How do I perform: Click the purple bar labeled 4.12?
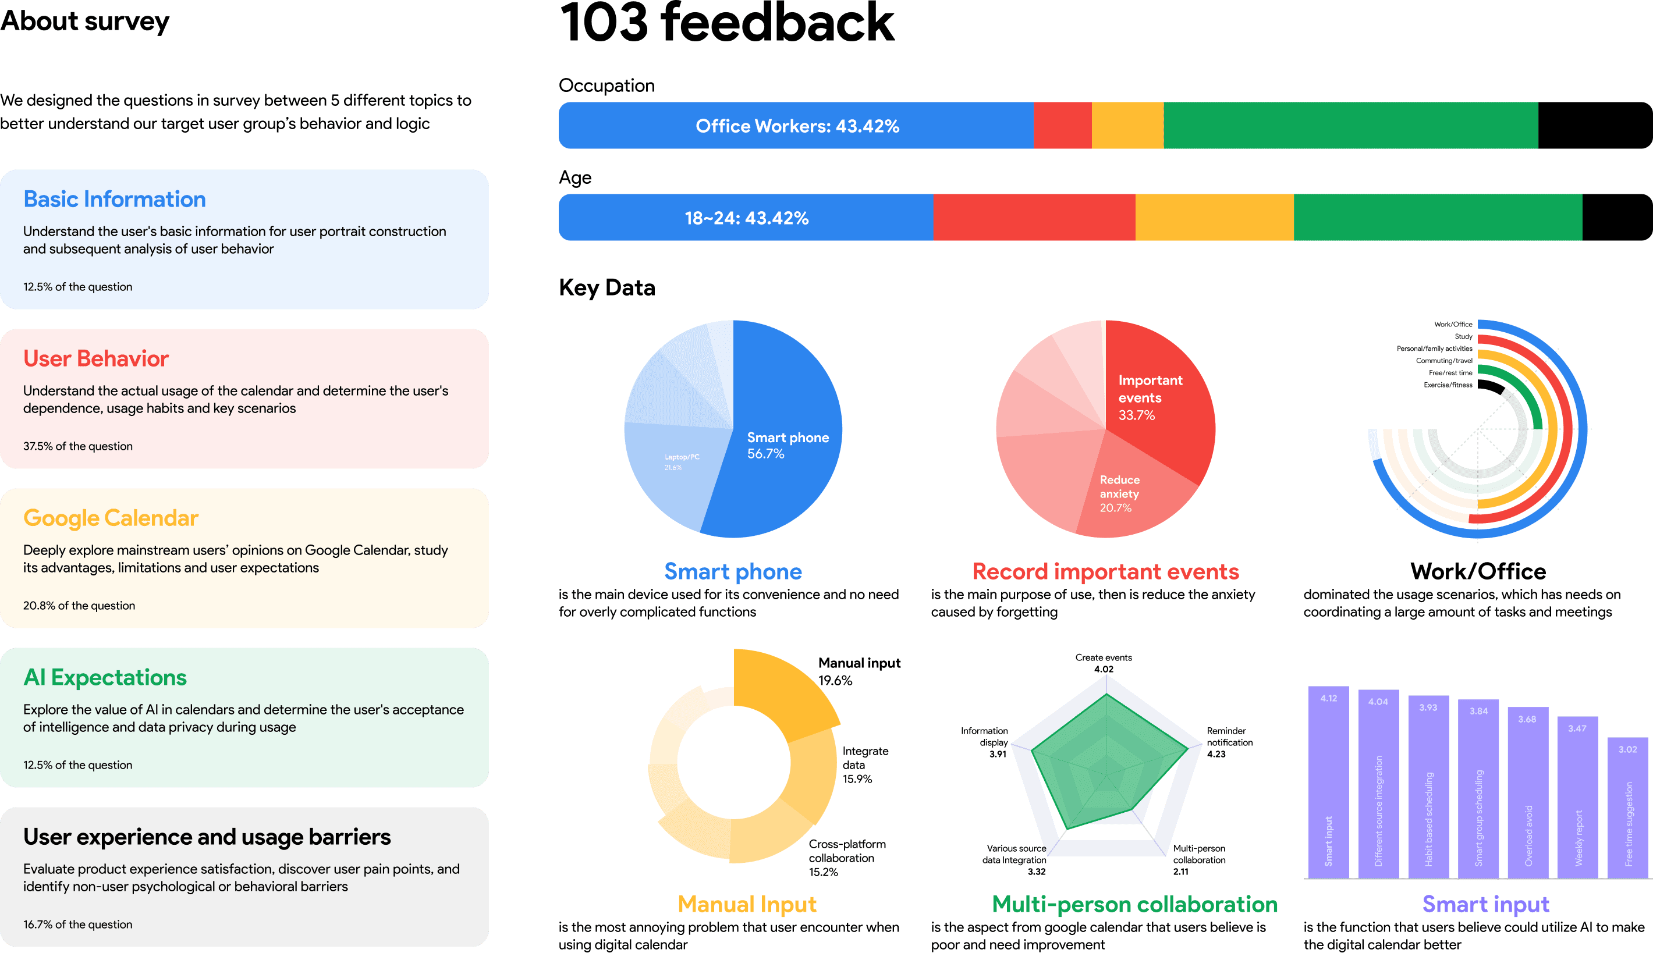point(1328,782)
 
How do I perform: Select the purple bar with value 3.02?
point(1627,808)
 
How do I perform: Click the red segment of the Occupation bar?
point(1062,126)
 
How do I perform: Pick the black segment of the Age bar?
point(1616,218)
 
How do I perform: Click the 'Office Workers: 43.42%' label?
point(797,126)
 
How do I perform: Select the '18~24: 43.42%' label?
point(746,218)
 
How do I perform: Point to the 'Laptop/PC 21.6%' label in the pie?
point(682,462)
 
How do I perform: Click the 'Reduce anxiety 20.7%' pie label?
point(1119,493)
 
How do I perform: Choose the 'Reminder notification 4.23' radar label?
point(1229,742)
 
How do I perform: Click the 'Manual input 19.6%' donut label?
point(859,671)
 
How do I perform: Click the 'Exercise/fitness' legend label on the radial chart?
point(1448,385)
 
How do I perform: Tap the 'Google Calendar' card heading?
point(111,518)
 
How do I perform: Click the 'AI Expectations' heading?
point(105,677)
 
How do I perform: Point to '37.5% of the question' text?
point(78,446)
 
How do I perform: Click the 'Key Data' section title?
point(606,287)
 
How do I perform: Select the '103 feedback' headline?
point(726,23)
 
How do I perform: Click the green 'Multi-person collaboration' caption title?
point(1134,904)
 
